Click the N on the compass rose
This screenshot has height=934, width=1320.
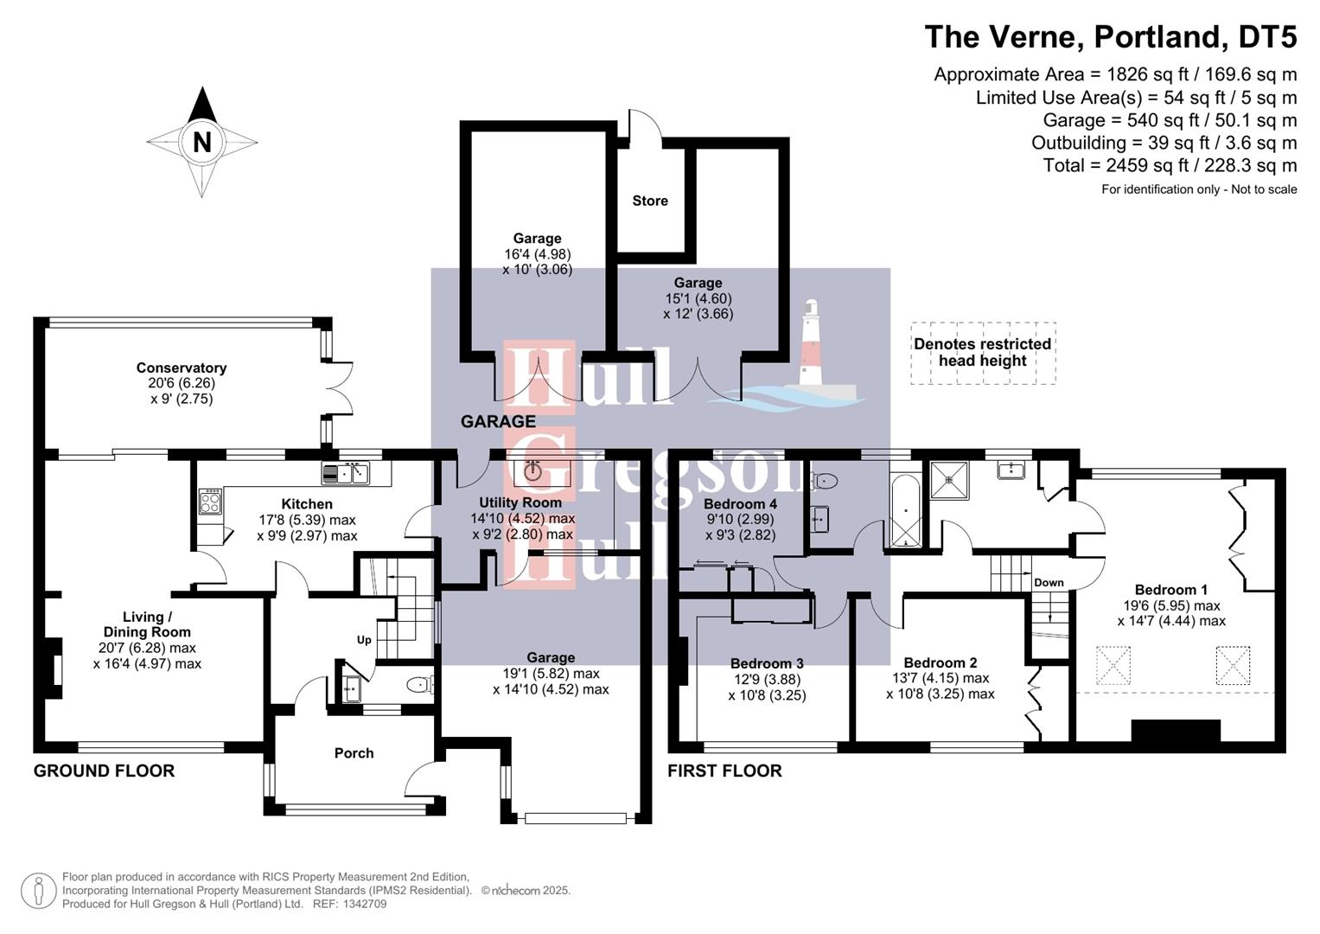[201, 142]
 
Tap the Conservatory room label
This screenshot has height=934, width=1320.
[182, 368]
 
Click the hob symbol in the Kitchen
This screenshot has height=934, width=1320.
[210, 502]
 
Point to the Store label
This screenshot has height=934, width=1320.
[650, 201]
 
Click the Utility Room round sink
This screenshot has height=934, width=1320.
[532, 471]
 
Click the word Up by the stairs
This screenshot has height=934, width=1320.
[364, 640]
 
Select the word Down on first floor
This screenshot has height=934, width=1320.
[1049, 582]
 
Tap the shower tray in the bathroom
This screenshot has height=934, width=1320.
[949, 481]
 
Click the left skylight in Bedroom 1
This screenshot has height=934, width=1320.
[1113, 665]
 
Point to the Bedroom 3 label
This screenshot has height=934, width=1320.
[767, 663]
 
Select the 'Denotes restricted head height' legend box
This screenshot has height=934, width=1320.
[983, 353]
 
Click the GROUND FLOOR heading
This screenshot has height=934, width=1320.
[104, 771]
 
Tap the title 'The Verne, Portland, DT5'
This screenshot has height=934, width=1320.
[1110, 37]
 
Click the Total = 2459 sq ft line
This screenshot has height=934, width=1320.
[1170, 165]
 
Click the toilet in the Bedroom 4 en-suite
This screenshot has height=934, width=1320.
[826, 481]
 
